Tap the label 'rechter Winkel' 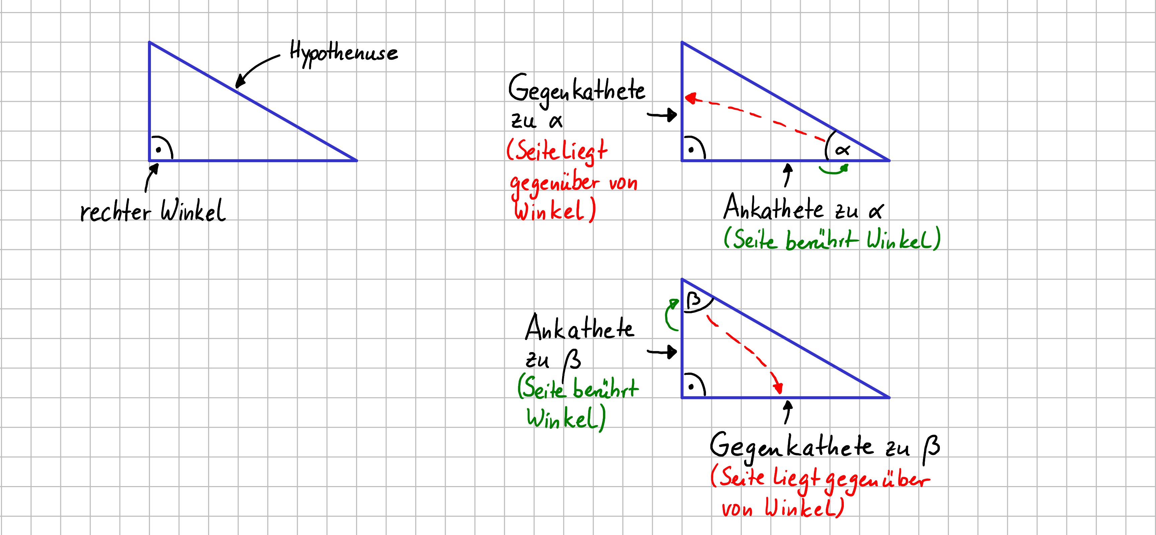pos(153,210)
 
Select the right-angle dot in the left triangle pos(158,150)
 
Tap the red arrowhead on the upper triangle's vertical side pos(691,98)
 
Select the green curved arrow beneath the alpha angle pos(834,171)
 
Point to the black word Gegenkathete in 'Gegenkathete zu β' pos(792,447)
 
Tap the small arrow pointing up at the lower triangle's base pos(787,412)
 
